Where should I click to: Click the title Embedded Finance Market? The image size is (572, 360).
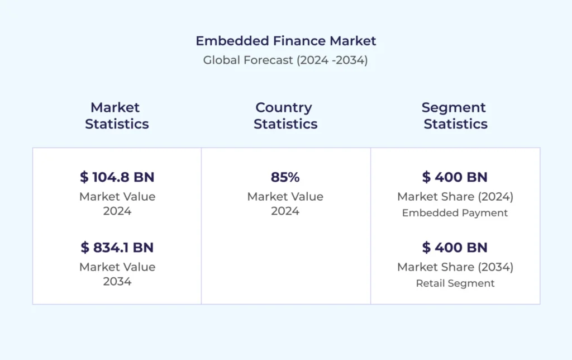click(x=285, y=41)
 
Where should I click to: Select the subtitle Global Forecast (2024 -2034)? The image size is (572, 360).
click(x=285, y=60)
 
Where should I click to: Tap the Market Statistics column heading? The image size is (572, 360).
click(x=117, y=116)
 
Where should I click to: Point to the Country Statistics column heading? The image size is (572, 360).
click(x=285, y=116)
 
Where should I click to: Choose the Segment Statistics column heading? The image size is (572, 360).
click(x=455, y=116)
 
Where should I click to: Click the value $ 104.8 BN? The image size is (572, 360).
click(x=117, y=177)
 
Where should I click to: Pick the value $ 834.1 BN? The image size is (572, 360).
click(x=117, y=247)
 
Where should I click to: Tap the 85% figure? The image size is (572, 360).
click(x=285, y=177)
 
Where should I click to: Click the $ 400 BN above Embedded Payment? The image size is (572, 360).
click(x=455, y=177)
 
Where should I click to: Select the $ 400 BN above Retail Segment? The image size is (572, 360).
click(x=455, y=247)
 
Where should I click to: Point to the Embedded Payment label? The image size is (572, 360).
click(x=455, y=213)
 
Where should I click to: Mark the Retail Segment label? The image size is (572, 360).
click(x=455, y=283)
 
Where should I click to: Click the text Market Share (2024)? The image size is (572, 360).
click(x=455, y=197)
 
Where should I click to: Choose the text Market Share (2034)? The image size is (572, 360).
click(x=455, y=267)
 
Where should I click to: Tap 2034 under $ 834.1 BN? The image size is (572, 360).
click(x=117, y=281)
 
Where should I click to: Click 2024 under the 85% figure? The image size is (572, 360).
click(x=285, y=211)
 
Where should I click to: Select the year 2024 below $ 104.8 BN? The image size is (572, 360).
click(x=117, y=211)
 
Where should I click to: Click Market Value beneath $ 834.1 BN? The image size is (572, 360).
click(x=117, y=267)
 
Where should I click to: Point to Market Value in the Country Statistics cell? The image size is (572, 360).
click(x=285, y=197)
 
